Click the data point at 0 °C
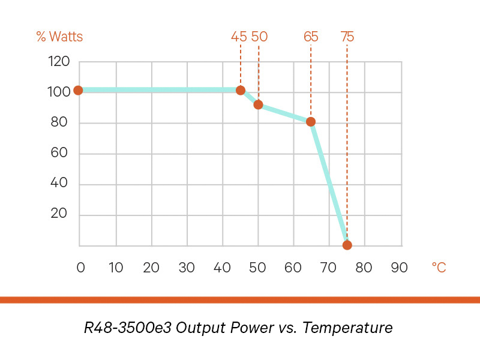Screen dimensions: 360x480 (x=78, y=91)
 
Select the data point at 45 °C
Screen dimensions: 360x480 (x=241, y=91)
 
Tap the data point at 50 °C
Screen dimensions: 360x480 (x=259, y=104)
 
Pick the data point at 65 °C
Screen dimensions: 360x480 (x=311, y=122)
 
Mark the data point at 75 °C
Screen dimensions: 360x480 (x=347, y=245)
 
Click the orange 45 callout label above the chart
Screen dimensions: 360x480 (x=239, y=37)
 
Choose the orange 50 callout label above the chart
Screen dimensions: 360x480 (x=259, y=37)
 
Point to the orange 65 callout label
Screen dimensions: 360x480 (x=311, y=37)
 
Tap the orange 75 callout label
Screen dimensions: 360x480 (x=347, y=37)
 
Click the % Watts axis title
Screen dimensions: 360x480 (x=59, y=37)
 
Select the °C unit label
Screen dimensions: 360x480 (x=439, y=268)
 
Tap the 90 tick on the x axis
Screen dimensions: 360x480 (x=400, y=268)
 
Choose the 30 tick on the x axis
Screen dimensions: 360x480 (x=187, y=268)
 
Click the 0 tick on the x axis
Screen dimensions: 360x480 (x=81, y=268)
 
